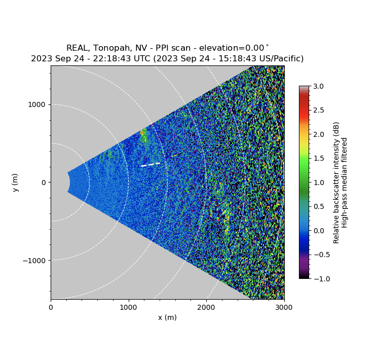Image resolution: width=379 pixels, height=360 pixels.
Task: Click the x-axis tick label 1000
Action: point(128,307)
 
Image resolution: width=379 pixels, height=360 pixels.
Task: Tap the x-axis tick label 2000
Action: point(206,307)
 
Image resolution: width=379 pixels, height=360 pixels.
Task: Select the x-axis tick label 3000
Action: point(284,307)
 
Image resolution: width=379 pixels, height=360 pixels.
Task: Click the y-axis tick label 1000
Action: point(36,104)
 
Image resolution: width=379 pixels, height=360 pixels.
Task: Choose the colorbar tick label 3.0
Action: point(318,86)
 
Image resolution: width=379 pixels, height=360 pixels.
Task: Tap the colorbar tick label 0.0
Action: point(318,230)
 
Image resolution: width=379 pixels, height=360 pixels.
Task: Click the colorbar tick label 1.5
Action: point(318,158)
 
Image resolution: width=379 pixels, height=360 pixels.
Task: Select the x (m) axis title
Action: point(167,317)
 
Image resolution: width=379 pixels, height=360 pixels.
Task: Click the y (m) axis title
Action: point(15,183)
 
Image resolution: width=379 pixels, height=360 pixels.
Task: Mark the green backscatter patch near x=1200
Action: point(143,136)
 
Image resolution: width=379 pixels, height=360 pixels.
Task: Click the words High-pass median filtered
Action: point(345,183)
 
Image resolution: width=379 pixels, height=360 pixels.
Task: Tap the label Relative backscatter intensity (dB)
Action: point(336,183)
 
